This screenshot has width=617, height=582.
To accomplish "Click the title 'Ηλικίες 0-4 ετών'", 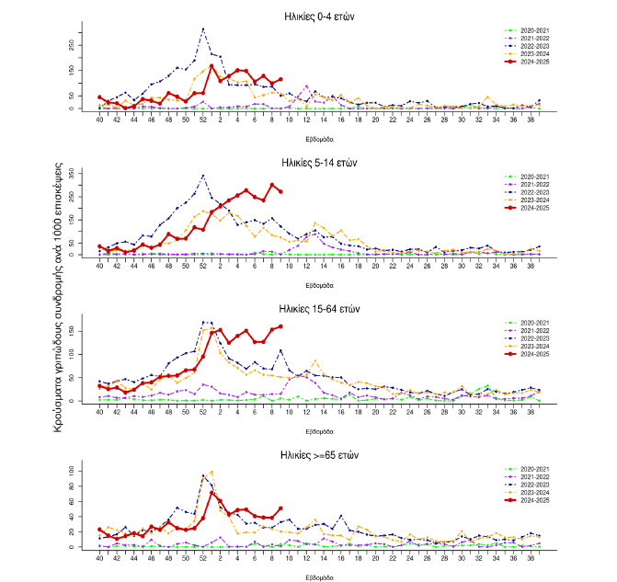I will tap(319, 17).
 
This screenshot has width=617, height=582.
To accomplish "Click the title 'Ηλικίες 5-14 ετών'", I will tap(319, 162).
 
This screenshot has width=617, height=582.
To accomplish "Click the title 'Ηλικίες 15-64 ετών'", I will tap(319, 308).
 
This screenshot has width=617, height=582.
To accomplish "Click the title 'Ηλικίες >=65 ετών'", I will tap(319, 455).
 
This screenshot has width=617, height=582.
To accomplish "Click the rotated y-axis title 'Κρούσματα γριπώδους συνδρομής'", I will tap(58, 299).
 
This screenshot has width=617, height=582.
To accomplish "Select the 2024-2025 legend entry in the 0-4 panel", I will tap(533, 63).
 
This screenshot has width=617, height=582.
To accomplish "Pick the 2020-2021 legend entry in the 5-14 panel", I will tap(533, 177).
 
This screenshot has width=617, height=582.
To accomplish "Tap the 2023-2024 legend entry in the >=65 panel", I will tap(533, 492).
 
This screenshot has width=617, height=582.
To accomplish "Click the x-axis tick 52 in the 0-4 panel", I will tap(202, 120).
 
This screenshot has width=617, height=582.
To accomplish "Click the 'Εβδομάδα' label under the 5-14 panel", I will tap(319, 283).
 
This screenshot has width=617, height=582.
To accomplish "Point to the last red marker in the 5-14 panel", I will tap(280, 191).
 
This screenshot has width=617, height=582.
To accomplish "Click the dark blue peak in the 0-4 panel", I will tap(202, 29).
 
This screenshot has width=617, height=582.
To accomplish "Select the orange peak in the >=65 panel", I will tap(211, 472).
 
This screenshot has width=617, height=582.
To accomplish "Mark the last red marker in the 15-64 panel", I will tap(280, 326).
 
